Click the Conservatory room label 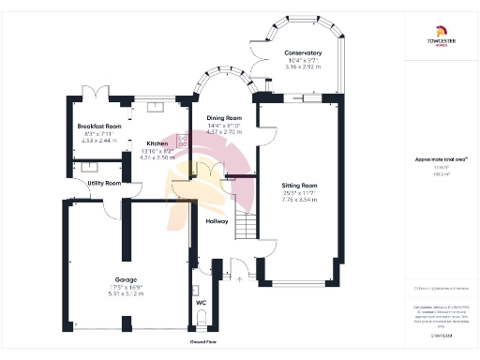(x=303, y=53)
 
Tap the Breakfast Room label (x=99, y=126)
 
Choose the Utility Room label (x=103, y=183)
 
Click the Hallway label (x=217, y=221)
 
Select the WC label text (x=201, y=303)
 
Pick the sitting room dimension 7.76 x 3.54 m (x=303, y=200)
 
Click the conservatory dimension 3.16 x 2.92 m (x=303, y=67)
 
